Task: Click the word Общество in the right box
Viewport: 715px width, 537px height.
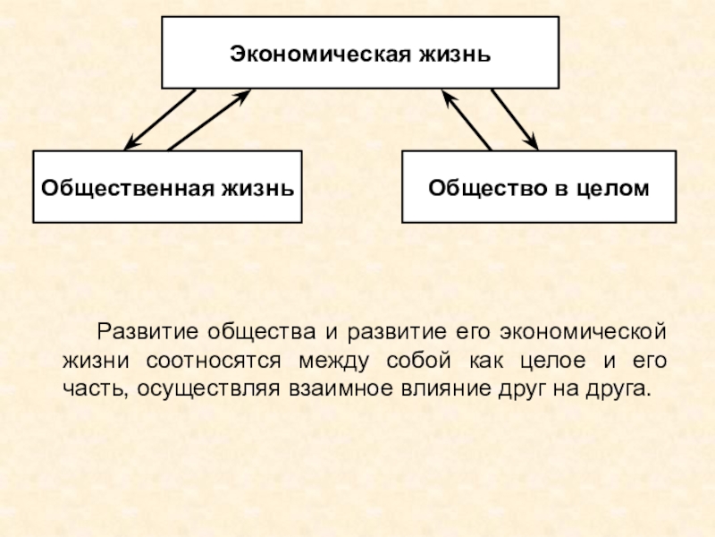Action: point(477,188)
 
